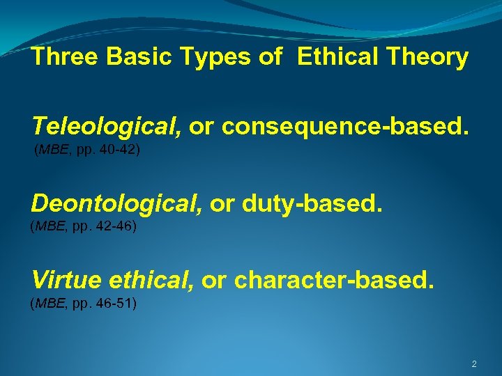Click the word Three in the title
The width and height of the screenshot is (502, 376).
(65, 57)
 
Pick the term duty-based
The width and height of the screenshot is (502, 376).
(313, 204)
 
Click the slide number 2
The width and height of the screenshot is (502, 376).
(474, 364)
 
